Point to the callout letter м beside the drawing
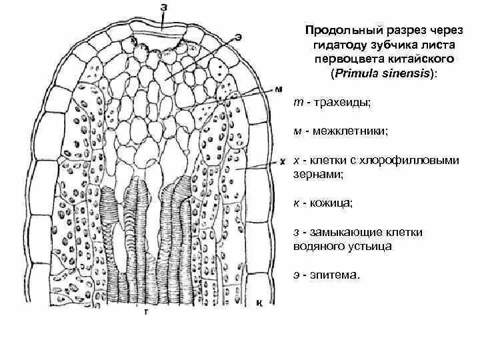point(278,89)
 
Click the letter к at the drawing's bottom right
point(259,303)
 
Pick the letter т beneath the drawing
point(145,311)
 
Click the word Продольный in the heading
point(335,31)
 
